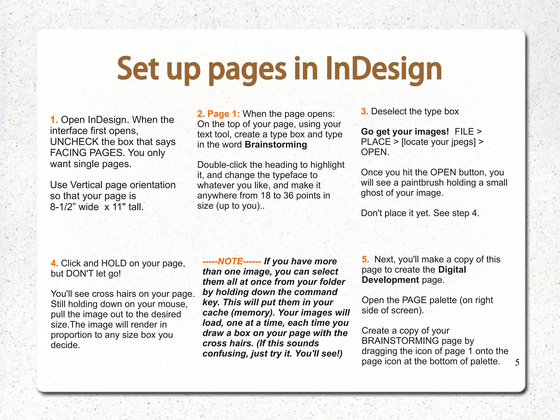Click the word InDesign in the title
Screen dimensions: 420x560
pyautogui.click(x=383, y=69)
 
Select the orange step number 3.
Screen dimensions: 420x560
pyautogui.click(x=364, y=111)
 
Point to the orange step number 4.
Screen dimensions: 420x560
pyautogui.click(x=54, y=263)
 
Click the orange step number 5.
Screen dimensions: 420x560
pyautogui.click(x=365, y=259)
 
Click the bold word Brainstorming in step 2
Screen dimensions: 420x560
pyautogui.click(x=276, y=144)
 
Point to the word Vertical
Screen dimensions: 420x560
pyautogui.click(x=86, y=185)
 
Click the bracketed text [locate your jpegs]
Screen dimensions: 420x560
pyautogui.click(x=439, y=142)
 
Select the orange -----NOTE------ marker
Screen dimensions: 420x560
pyautogui.click(x=232, y=261)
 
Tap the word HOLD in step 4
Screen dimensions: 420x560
pyautogui.click(x=114, y=263)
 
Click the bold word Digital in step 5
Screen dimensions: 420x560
pyautogui.click(x=452, y=270)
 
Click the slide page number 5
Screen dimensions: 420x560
pyautogui.click(x=517, y=363)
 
